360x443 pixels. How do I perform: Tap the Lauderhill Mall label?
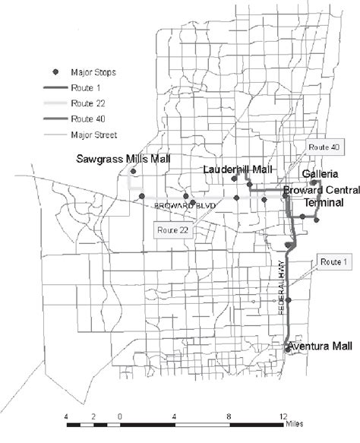238,169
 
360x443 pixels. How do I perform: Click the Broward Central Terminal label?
314,195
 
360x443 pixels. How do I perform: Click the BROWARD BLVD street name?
185,206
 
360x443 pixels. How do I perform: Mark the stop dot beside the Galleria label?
313,183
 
